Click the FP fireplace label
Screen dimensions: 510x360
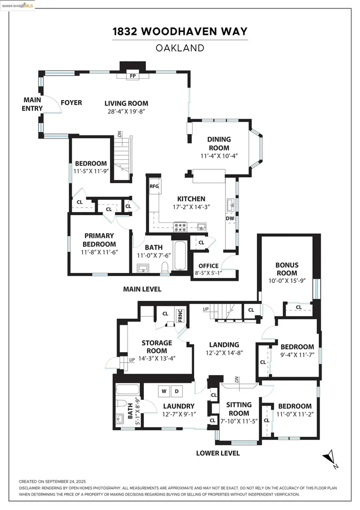coord(132,76)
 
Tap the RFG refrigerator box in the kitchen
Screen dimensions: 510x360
coord(154,186)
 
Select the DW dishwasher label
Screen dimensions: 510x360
coord(230,218)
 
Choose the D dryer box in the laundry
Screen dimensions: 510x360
coord(176,390)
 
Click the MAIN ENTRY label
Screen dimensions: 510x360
coord(32,104)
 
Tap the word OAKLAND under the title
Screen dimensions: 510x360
coord(180,48)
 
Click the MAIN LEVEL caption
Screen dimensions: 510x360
coord(142,289)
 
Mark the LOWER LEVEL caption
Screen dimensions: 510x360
coord(218,453)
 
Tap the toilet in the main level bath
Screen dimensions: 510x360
coord(164,268)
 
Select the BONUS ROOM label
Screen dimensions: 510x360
coord(286,269)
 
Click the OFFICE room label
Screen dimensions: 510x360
coord(208,265)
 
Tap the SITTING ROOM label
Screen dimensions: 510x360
coord(239,409)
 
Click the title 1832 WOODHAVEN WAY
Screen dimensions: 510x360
coord(180,32)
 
